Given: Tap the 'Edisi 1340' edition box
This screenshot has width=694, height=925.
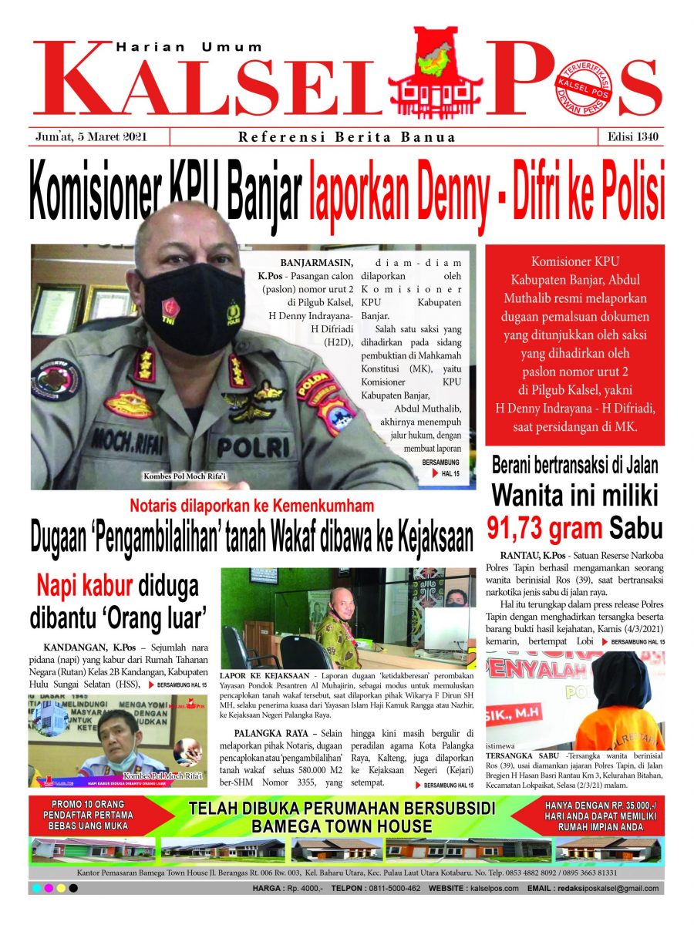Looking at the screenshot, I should tap(630, 137).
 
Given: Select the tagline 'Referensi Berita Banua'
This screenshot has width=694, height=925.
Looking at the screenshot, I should tap(346, 138).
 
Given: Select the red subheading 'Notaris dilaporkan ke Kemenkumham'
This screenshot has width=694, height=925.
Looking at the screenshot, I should tap(251, 506).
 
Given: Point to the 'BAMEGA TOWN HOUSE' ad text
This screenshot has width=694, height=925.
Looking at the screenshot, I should tap(342, 826).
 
